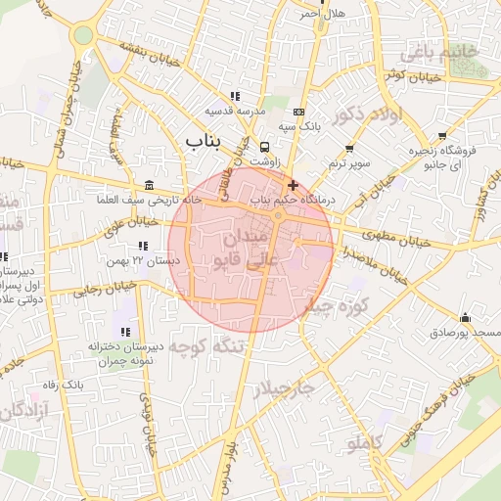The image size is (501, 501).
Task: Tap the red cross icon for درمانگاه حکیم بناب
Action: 292,185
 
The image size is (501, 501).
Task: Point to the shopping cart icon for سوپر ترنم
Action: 349,149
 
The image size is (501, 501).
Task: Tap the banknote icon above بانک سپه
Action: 298,112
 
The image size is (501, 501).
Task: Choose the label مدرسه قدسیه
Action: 235,111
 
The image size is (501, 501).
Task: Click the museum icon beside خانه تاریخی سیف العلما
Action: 148,186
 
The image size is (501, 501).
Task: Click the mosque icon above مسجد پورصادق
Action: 464,318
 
